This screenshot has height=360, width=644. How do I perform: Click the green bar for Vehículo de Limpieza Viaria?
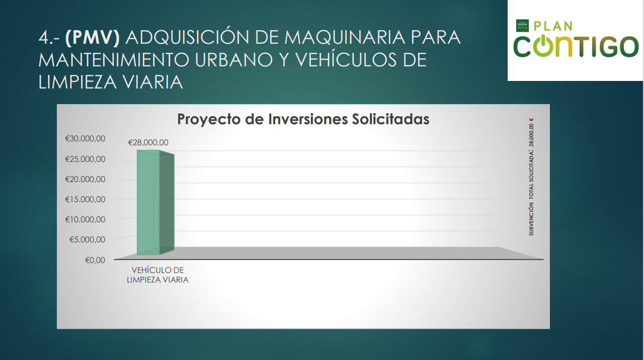click(x=155, y=202)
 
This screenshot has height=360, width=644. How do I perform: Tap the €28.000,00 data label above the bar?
click(x=148, y=142)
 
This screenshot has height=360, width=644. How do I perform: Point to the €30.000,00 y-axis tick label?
click(x=85, y=138)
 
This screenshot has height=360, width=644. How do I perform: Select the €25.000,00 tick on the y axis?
click(x=85, y=159)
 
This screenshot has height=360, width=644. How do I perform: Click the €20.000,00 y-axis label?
click(x=85, y=179)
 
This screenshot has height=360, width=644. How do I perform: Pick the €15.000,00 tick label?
click(x=85, y=199)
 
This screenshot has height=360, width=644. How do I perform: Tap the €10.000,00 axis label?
click(x=85, y=219)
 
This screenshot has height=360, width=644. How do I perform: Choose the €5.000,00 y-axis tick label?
click(x=88, y=239)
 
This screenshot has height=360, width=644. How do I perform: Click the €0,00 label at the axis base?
click(x=95, y=260)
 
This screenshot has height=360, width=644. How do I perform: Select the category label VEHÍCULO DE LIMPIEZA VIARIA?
click(x=157, y=275)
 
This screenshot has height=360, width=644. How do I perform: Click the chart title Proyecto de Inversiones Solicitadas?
click(x=303, y=119)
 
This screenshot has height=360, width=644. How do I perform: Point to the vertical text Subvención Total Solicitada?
click(x=531, y=177)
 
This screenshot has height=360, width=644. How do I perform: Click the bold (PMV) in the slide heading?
click(x=92, y=38)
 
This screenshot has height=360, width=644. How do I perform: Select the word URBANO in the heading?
click(x=233, y=59)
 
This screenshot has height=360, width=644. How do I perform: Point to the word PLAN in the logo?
click(x=553, y=26)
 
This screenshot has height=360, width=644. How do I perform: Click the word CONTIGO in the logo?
click(x=576, y=46)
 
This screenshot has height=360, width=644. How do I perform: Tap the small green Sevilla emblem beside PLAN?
click(x=522, y=26)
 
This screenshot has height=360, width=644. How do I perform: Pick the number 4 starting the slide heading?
click(x=44, y=38)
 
